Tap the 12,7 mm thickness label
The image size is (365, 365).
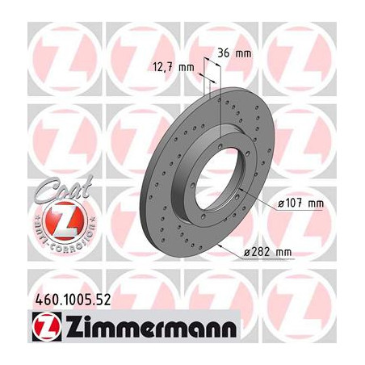pyautogui.click(x=174, y=67)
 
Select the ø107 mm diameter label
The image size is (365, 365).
pyautogui.click(x=300, y=203)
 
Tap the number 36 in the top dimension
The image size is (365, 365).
pyautogui.click(x=224, y=53)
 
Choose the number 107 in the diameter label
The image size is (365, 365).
pyautogui.click(x=296, y=203)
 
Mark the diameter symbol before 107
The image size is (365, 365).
pyautogui.click(x=280, y=203)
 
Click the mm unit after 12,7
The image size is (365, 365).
pyautogui.click(x=187, y=67)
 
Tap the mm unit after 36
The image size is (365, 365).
pyautogui.click(x=243, y=53)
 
